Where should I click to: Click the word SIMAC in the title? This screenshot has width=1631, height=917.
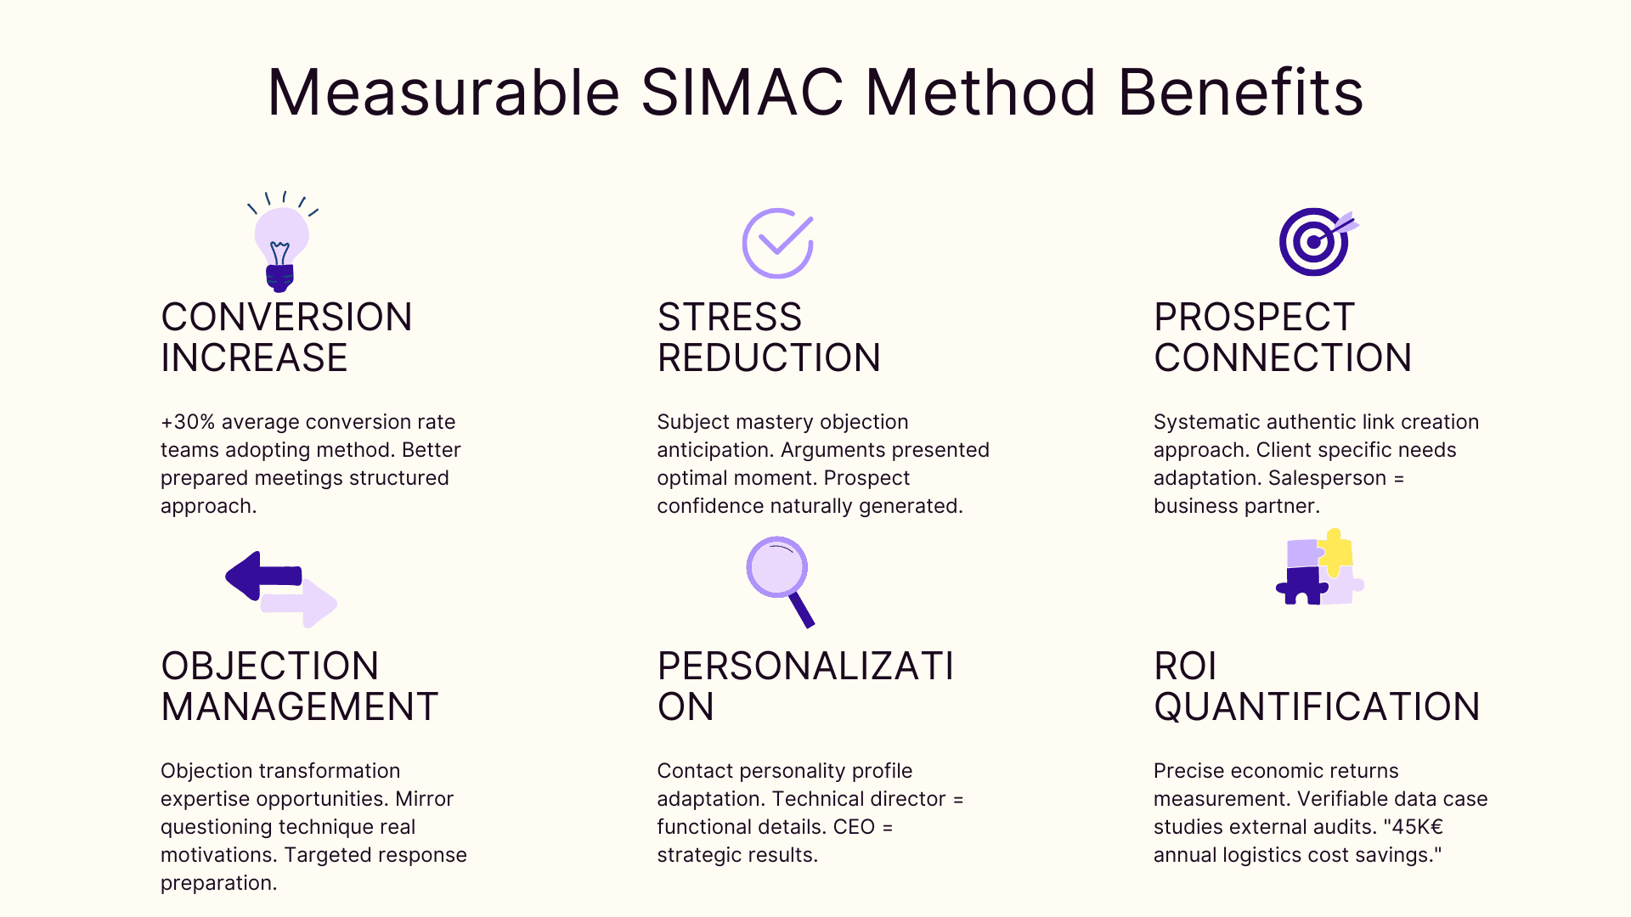[x=742, y=92]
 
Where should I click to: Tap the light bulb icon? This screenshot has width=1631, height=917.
[x=281, y=244]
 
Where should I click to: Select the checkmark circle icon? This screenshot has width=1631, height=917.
[x=777, y=243]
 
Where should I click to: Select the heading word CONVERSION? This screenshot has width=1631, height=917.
[x=286, y=318]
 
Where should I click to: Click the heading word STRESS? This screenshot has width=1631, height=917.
[x=729, y=318]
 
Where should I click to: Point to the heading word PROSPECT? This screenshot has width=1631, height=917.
[x=1254, y=318]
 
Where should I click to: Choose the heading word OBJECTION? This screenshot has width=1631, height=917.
[x=269, y=667]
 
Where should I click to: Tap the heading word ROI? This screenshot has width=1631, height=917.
[x=1185, y=667]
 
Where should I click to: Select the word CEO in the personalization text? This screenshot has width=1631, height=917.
[x=854, y=827]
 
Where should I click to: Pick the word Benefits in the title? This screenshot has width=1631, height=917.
[x=1240, y=92]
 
